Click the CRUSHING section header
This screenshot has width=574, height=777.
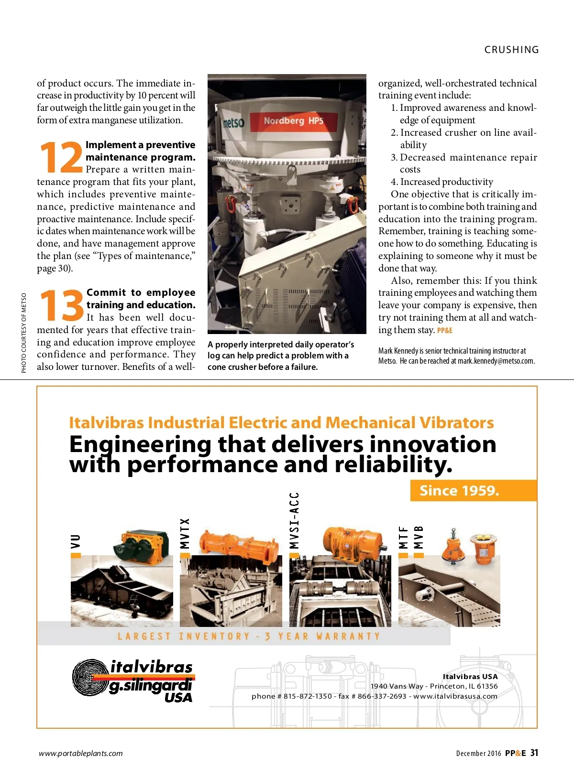511,50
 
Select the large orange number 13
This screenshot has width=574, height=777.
61,305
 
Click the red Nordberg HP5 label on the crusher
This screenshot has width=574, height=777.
293,121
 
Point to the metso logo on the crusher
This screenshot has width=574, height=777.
233,123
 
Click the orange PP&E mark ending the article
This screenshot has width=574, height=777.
444,330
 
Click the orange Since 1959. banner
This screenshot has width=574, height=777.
459,491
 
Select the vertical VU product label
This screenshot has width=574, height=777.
76,541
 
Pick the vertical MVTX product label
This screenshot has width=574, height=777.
185,533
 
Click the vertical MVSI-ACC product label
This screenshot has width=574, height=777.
294,520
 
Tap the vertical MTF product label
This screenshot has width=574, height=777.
404,537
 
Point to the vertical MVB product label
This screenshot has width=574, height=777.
419,537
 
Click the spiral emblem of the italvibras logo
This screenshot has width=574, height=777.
90,677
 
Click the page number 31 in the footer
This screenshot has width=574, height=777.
534,753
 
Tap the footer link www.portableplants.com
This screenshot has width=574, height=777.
81,754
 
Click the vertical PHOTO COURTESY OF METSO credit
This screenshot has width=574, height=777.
24,333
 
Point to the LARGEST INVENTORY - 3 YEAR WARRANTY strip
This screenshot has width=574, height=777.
249,636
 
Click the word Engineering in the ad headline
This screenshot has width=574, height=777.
140,445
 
